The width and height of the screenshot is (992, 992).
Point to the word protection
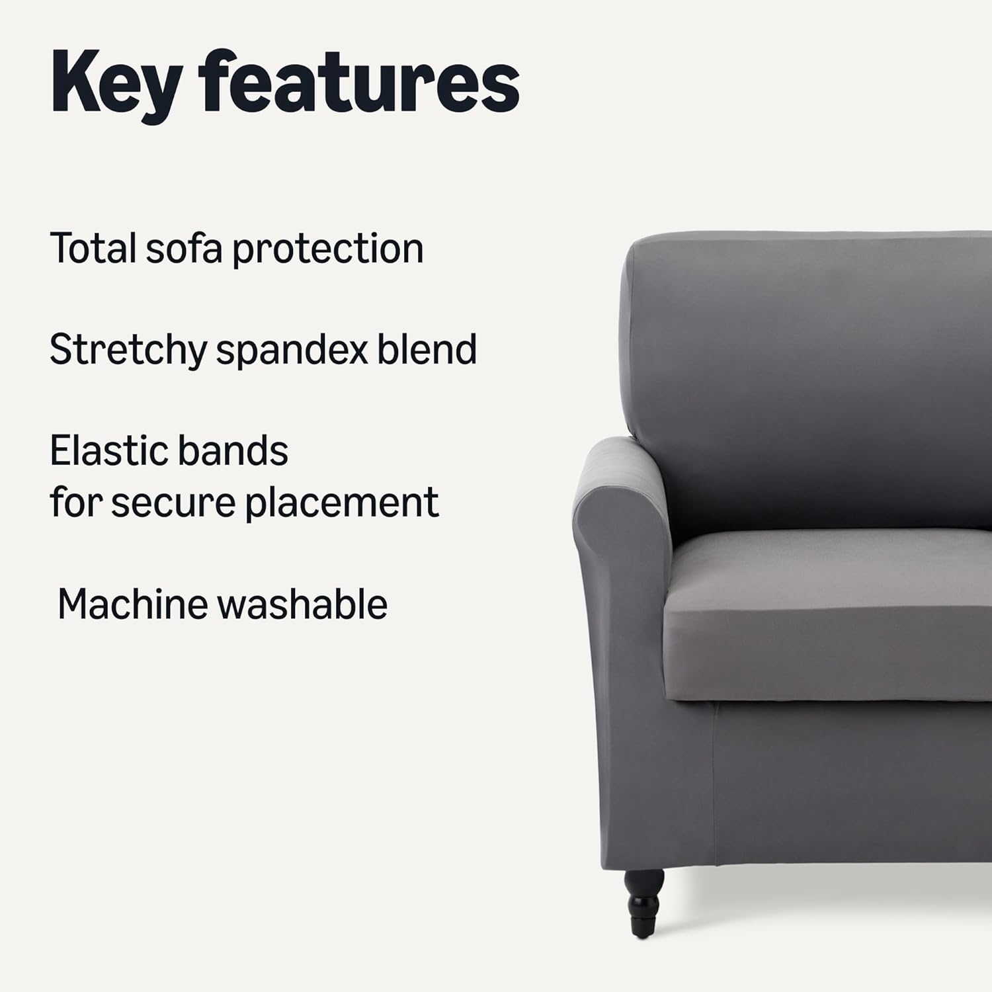[328, 249]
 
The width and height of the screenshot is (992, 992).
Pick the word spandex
[292, 351]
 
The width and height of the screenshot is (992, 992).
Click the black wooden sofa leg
[643, 902]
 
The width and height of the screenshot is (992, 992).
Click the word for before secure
[76, 503]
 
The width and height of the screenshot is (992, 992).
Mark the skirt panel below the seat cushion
[853, 787]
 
